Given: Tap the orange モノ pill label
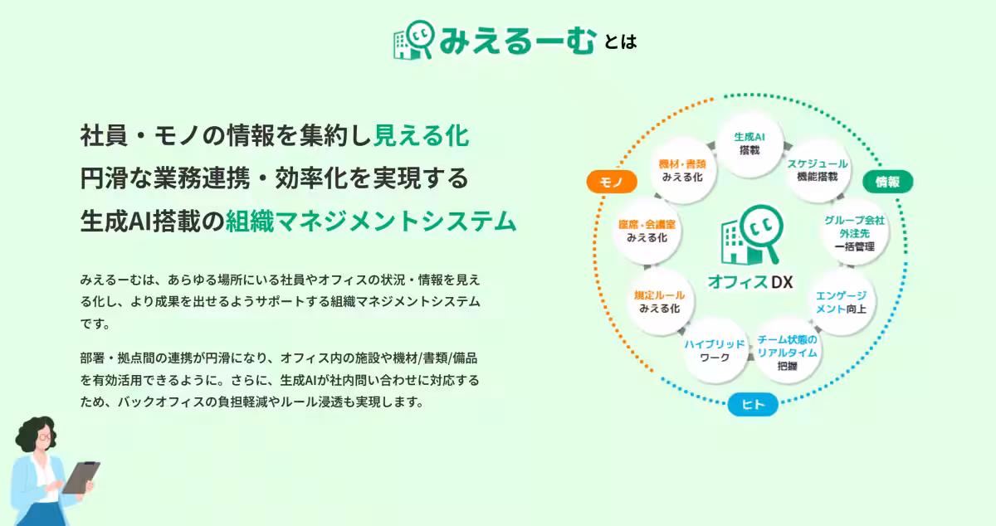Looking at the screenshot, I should [611, 183].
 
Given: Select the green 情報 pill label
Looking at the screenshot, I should [888, 182].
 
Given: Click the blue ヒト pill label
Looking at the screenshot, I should [752, 404].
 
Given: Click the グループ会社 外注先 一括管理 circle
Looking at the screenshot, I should [854, 233].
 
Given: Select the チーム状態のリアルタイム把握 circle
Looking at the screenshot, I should [788, 352].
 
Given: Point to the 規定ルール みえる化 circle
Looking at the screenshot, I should [659, 301].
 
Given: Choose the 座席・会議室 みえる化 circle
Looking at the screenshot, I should [647, 231].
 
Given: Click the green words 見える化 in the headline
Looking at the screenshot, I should [421, 134].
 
